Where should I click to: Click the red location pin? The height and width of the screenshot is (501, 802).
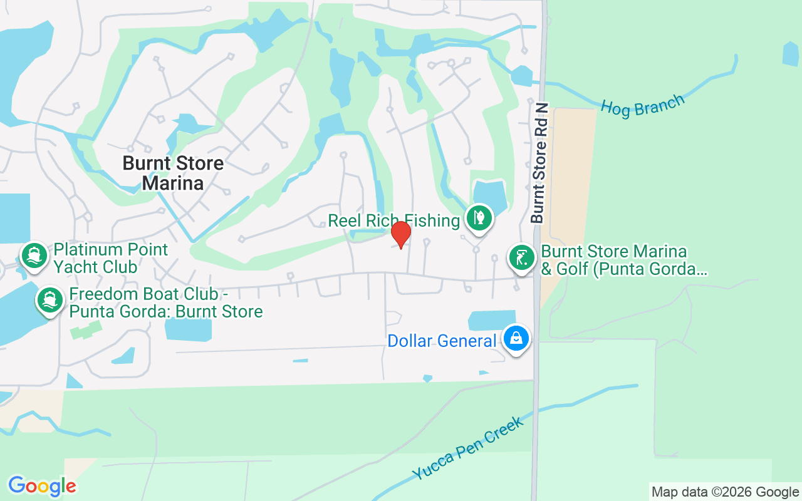(401, 235)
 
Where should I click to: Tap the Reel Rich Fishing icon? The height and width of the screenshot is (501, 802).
(479, 219)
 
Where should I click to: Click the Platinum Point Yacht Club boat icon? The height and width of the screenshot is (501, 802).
(34, 256)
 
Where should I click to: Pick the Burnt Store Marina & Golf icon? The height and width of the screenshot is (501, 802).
(521, 257)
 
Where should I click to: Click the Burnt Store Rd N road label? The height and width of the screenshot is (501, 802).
(539, 163)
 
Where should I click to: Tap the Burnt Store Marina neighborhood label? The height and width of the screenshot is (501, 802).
(173, 173)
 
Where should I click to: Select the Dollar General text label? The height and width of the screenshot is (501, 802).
(442, 341)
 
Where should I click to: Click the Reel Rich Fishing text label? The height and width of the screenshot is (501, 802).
(394, 220)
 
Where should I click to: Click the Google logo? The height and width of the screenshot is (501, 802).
(42, 486)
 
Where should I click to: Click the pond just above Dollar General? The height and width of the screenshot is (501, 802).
(492, 319)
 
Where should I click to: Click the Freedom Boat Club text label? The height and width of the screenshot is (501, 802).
(165, 302)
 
